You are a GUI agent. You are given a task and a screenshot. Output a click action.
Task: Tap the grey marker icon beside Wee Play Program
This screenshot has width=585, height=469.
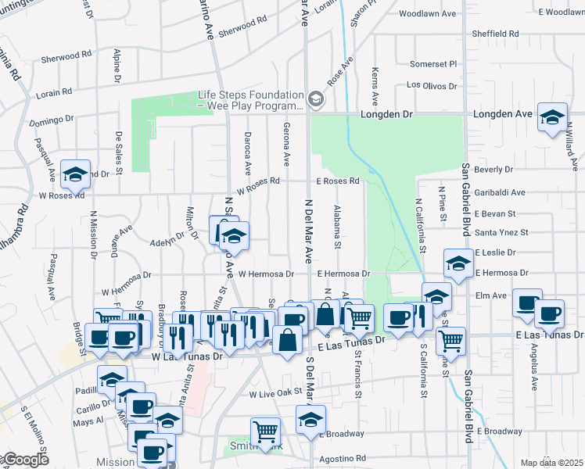point(315,99)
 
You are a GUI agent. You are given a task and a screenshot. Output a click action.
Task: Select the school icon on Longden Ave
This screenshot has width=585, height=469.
point(552,116)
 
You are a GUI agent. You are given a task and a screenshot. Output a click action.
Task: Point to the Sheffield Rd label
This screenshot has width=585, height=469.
point(496,34)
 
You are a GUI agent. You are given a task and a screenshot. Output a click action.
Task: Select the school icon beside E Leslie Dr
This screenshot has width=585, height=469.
point(458,263)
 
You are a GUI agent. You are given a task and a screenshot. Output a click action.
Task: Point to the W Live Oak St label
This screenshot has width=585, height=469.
point(275,395)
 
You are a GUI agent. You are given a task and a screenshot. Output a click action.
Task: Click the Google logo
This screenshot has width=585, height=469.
point(25,460)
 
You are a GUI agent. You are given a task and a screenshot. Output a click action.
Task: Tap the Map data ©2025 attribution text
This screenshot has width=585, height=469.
point(551,463)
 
